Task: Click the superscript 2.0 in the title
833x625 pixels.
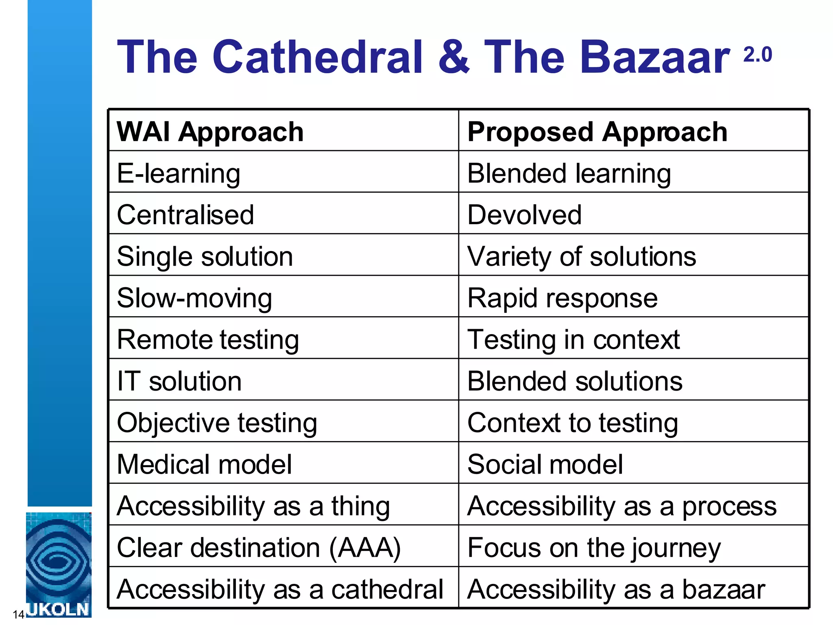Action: point(757,55)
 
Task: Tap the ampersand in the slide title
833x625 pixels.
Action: point(454,57)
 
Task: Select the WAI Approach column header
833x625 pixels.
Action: point(210,132)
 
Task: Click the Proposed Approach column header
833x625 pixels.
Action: point(597,132)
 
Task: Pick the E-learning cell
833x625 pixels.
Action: point(179,173)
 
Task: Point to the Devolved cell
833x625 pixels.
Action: point(524,215)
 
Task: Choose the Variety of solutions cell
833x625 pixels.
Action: point(582,256)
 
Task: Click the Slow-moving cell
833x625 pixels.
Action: point(194,298)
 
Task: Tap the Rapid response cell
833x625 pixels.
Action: point(563,298)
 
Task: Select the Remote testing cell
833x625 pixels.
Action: point(208,339)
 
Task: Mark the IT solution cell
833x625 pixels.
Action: point(179,381)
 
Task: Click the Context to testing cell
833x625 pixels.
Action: point(573,423)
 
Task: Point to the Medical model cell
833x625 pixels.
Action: point(204,464)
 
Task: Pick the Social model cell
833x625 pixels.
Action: point(545,464)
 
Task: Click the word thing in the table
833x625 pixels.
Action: point(360,507)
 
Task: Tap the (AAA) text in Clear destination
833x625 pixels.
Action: point(365,548)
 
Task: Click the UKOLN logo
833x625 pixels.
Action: point(59,565)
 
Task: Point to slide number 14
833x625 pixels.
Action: point(18,614)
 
